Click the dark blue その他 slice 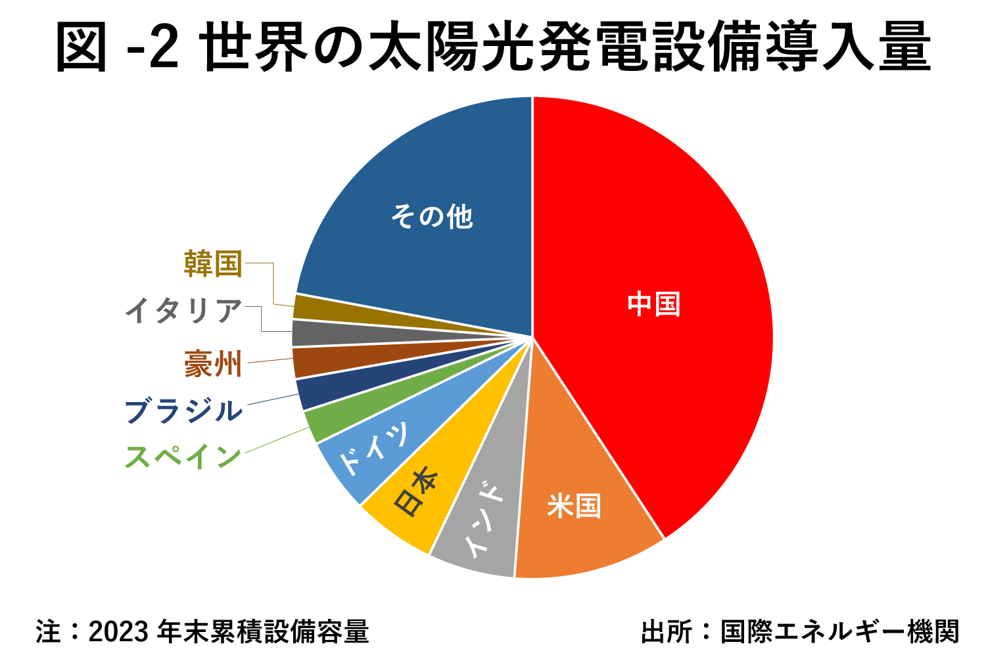[x=421, y=197]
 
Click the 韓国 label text [x=213, y=263]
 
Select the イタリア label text [x=184, y=311]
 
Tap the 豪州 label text [x=213, y=363]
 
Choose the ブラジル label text [x=184, y=411]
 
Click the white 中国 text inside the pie [x=653, y=304]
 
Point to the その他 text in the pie [x=432, y=216]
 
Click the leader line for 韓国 [x=273, y=283]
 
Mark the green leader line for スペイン [x=276, y=441]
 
